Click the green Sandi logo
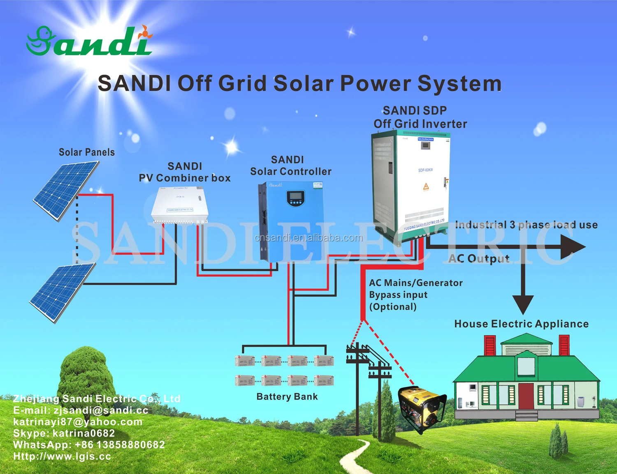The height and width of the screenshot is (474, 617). click(88, 41)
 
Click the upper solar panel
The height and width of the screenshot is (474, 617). click(66, 190)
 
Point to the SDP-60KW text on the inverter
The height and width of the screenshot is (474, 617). click(425, 170)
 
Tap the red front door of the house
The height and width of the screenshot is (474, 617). click(526, 396)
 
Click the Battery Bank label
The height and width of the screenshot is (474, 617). click(287, 397)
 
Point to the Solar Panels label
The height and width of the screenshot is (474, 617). click(87, 152)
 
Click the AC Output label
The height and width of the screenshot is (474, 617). click(479, 258)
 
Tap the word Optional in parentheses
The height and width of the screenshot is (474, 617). click(393, 307)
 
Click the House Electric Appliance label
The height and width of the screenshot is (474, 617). click(521, 324)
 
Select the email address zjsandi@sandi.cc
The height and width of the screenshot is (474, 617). click(101, 410)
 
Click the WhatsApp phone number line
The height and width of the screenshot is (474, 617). click(89, 445)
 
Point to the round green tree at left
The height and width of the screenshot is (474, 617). click(86, 372)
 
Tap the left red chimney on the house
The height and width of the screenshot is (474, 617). click(489, 345)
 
